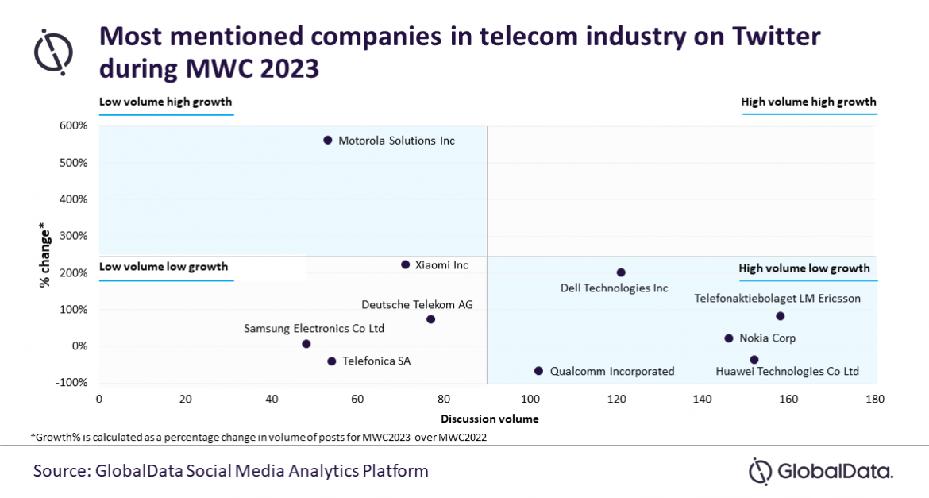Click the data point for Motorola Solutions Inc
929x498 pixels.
coord(328,140)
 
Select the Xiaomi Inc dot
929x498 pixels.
coord(405,264)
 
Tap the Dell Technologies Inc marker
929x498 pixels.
coord(621,272)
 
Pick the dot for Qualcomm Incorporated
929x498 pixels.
coord(538,371)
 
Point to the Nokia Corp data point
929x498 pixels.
coord(728,338)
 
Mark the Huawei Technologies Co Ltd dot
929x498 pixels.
coord(754,360)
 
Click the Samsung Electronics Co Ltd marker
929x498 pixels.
coord(306,344)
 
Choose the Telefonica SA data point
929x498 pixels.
coord(332,361)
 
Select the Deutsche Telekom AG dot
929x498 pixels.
coord(430,319)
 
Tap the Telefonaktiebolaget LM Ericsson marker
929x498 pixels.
coord(781,316)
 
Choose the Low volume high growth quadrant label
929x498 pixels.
coord(165,102)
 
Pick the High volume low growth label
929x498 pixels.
coord(804,268)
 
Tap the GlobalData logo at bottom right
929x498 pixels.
coord(821,470)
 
